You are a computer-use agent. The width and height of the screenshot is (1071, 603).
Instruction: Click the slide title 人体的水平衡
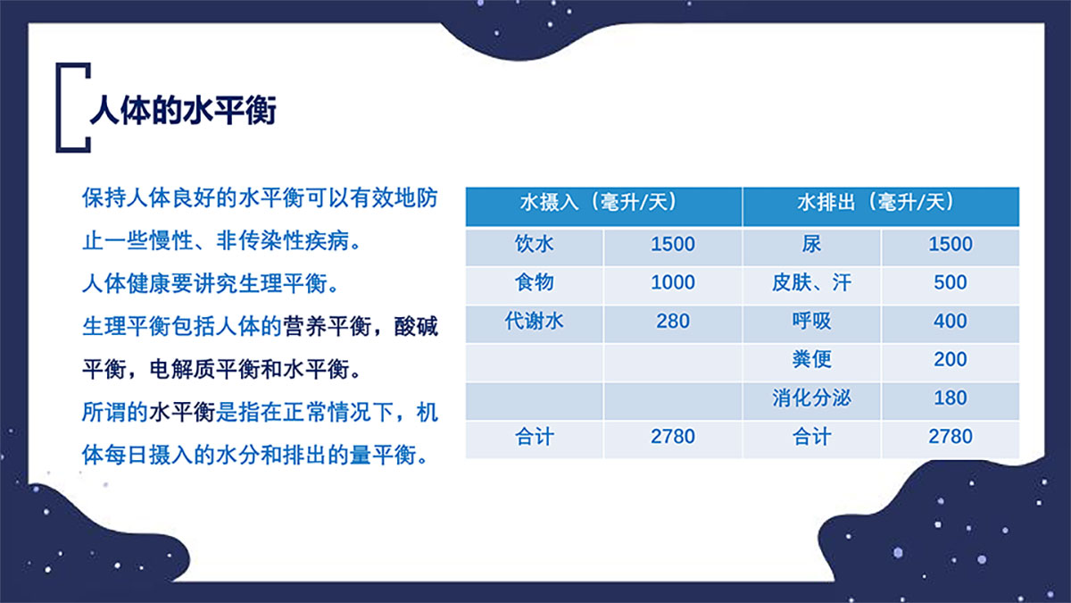pos(183,111)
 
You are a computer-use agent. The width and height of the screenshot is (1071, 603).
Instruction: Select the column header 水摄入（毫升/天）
pos(598,202)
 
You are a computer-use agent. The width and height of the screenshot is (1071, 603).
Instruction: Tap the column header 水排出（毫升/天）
pos(876,202)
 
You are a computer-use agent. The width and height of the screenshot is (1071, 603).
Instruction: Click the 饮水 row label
pos(534,244)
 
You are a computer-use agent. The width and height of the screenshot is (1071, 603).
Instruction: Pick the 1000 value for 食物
pos(673,282)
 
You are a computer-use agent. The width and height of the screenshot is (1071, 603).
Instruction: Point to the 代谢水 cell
pos(534,321)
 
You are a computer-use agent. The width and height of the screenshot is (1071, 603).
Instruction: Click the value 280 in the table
pos(673,321)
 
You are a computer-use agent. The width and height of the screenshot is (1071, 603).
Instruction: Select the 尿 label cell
pos(811,244)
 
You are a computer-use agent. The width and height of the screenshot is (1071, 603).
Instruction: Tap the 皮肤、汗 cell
pos(811,282)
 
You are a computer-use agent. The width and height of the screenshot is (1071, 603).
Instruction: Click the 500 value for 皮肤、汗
pos(950,282)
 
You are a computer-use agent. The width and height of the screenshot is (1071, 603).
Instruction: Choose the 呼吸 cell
pos(811,321)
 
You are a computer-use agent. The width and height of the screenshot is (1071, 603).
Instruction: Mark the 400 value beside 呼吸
pos(950,321)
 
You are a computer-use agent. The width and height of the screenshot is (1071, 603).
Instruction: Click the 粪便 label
pos(811,359)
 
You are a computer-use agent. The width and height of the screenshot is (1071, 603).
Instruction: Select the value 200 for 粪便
pos(950,359)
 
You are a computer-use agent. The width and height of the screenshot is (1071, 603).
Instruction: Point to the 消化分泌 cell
pos(811,398)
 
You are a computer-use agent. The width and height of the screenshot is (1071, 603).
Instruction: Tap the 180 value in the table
pos(950,398)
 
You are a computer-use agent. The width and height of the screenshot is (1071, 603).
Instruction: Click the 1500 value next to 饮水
pos(673,244)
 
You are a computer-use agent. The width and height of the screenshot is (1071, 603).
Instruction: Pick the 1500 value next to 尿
pos(950,244)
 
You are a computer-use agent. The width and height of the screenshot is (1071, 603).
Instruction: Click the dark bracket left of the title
pos(61,108)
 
